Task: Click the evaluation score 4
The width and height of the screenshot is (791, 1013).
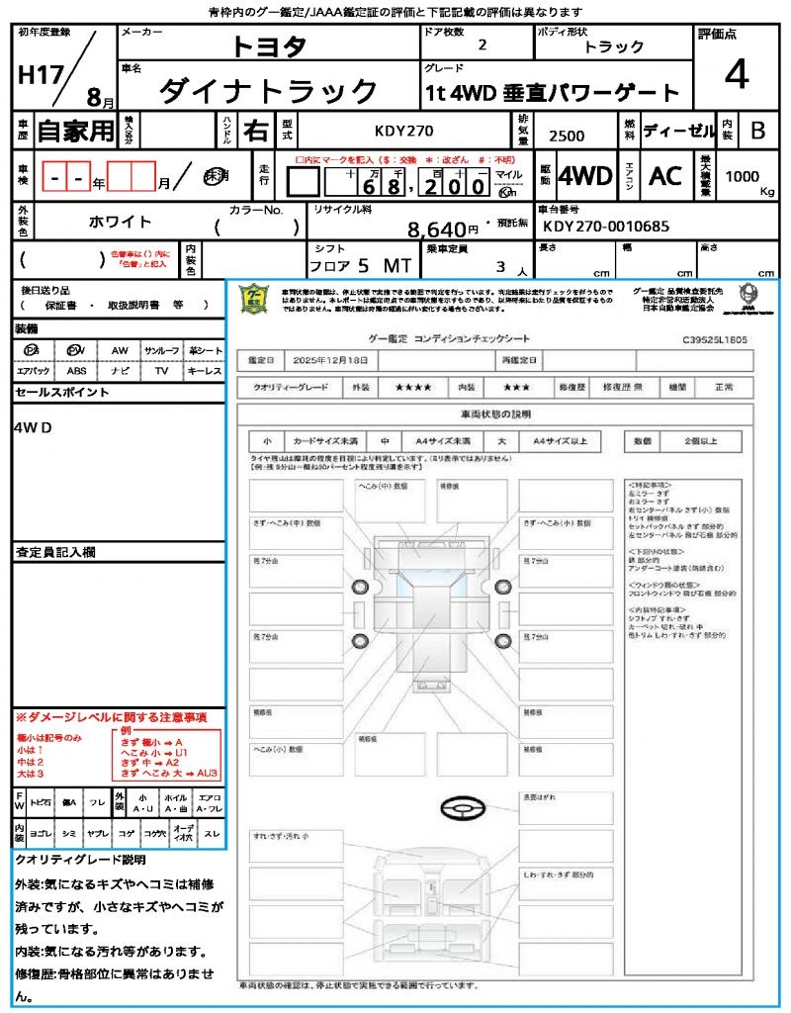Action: [x=735, y=75]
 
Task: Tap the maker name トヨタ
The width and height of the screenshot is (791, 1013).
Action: [x=269, y=46]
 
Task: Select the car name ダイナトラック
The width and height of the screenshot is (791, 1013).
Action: [x=268, y=91]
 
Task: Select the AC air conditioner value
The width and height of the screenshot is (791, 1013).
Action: [x=665, y=176]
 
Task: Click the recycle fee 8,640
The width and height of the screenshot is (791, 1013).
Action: [x=435, y=230]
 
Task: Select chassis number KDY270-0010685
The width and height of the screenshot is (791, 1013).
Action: [x=605, y=227]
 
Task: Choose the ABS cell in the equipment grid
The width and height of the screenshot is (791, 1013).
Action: [x=76, y=371]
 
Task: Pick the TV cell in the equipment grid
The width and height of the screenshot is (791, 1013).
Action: [x=160, y=371]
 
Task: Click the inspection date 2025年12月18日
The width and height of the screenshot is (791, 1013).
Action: [x=336, y=359]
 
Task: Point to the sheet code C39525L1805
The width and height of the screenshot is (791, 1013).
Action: [x=715, y=339]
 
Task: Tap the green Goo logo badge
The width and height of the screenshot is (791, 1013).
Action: [x=255, y=299]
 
